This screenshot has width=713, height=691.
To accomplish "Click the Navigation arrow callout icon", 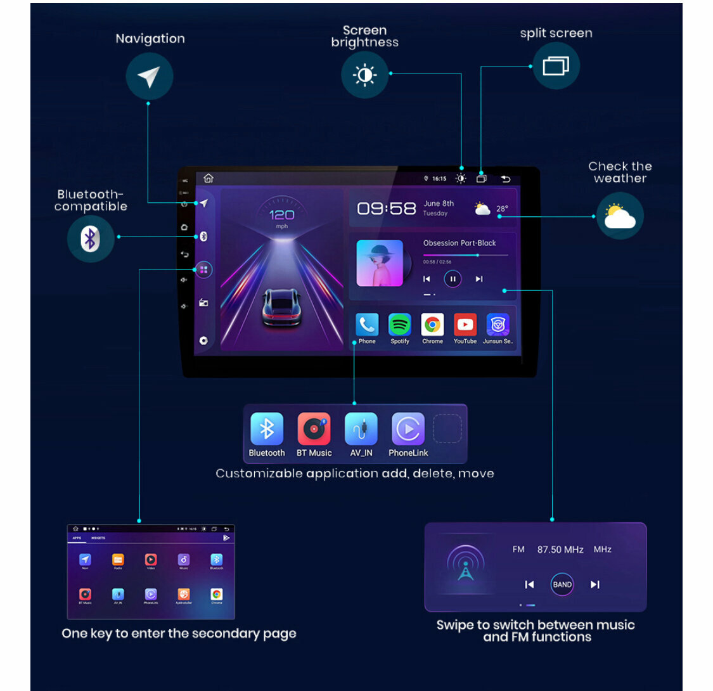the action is click(149, 77).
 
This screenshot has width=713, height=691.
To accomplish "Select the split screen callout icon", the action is click(556, 66).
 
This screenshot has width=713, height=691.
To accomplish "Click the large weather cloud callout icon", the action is click(619, 216).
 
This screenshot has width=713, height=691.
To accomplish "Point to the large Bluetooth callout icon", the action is click(91, 238).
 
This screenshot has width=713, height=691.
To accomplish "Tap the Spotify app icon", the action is click(399, 325).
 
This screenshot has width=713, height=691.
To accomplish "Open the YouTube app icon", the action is click(465, 325).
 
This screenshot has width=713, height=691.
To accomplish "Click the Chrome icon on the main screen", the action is click(432, 325).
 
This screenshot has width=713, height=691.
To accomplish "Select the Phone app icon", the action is click(367, 325).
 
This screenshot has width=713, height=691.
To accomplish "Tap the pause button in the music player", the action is click(453, 279).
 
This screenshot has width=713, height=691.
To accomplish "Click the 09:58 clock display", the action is click(386, 209).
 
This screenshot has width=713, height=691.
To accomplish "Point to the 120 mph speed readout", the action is click(281, 216).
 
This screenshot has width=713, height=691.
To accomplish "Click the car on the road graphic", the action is click(281, 307).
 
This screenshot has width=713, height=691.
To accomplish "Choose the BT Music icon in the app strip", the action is click(314, 429).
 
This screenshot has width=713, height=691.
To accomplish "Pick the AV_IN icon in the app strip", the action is click(361, 429).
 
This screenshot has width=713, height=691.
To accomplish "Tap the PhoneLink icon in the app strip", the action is click(408, 429).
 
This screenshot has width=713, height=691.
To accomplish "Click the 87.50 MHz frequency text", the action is click(560, 550).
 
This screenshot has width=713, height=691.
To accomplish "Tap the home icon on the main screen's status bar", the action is click(209, 179).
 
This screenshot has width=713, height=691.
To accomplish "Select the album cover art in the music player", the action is click(380, 263).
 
